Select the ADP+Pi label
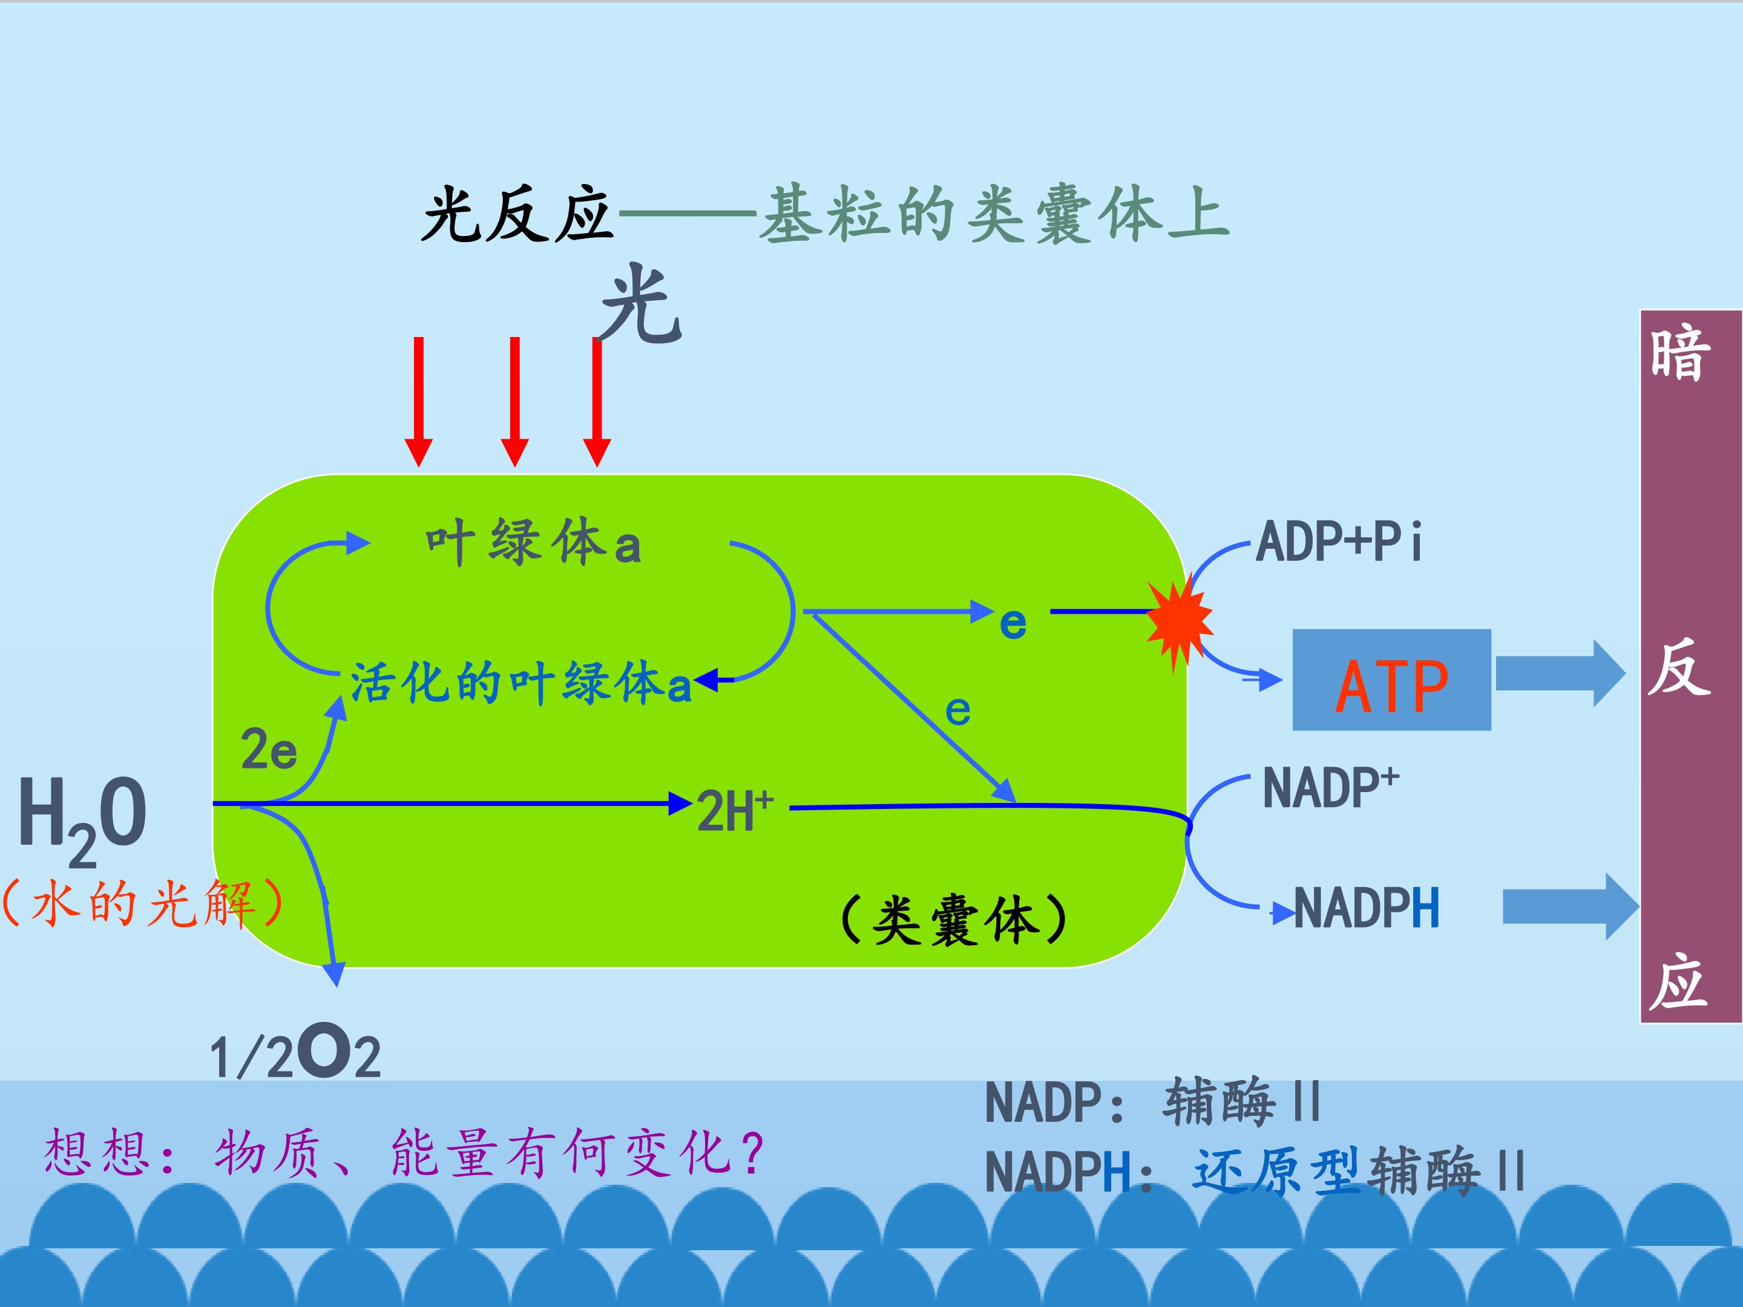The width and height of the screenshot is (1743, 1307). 1338,542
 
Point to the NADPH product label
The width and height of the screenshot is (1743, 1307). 1367,908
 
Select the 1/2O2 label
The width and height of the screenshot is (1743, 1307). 295,1053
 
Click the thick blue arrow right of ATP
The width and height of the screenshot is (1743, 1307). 1560,673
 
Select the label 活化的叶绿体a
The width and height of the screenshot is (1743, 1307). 520,683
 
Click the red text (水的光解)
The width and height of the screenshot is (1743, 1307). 142,903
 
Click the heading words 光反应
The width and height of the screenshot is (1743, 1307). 517,215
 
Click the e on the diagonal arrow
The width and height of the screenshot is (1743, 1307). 957,712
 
